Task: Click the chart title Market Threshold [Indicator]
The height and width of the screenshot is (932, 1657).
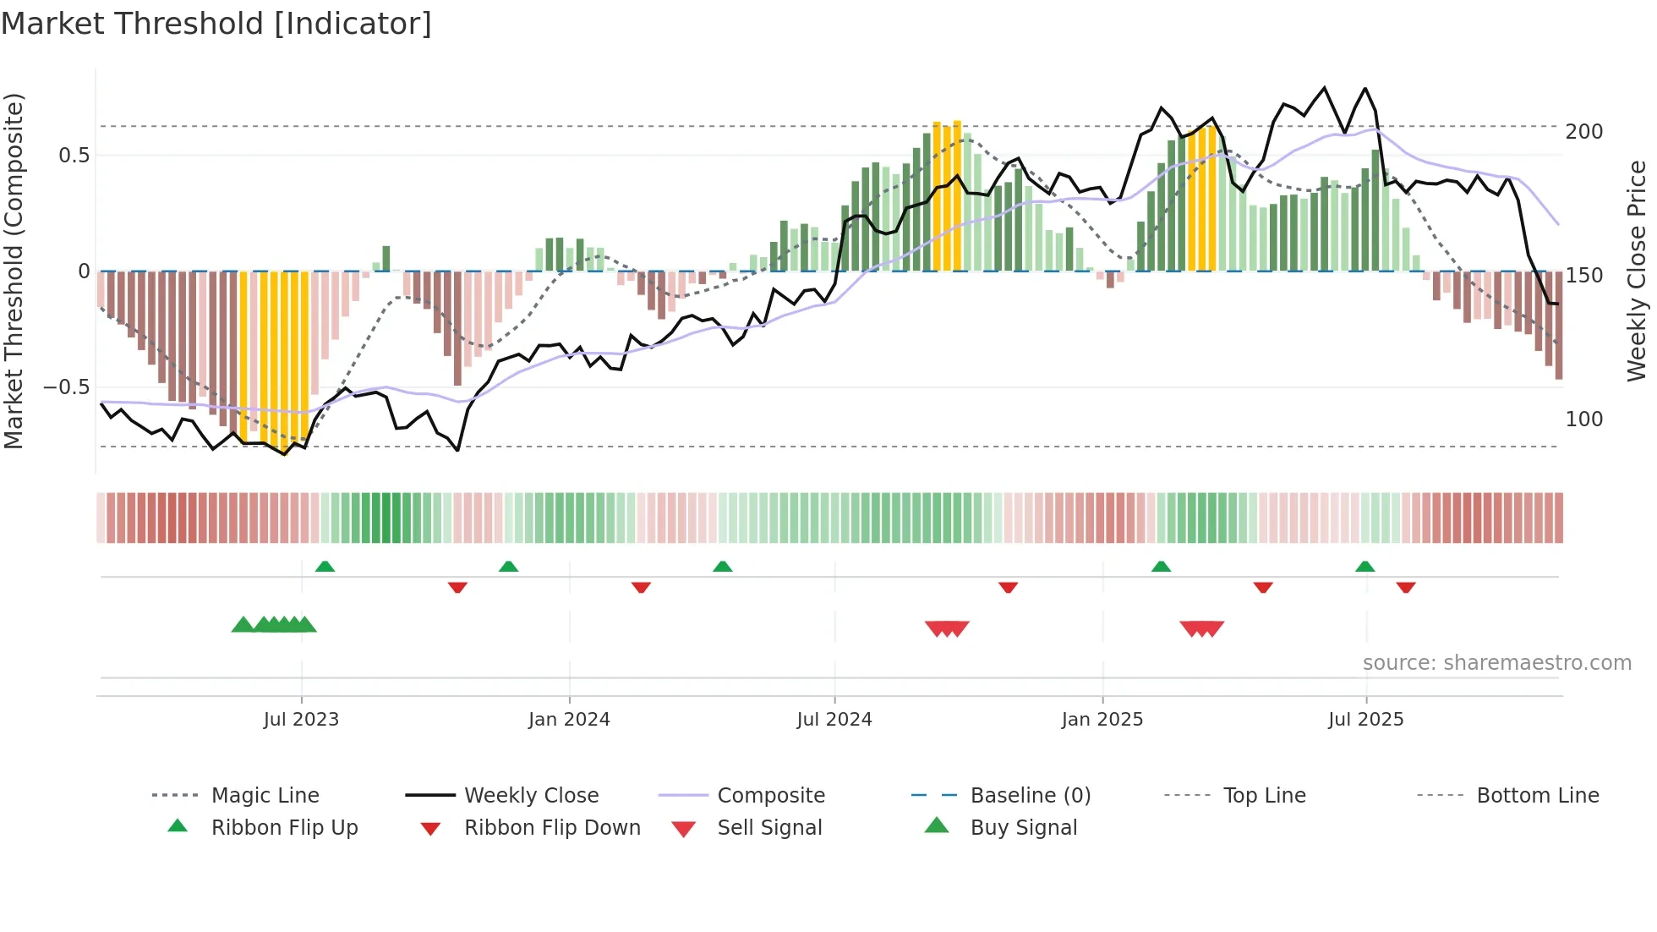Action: coord(216,24)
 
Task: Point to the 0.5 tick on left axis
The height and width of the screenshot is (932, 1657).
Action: coord(74,156)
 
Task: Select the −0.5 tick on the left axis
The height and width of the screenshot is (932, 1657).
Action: coord(66,387)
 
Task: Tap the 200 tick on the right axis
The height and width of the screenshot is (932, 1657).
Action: coord(1583,132)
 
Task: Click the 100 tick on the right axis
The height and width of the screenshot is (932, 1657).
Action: coord(1583,419)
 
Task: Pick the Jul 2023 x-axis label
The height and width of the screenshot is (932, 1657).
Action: coord(301,720)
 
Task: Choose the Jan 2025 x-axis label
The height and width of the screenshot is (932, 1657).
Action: coord(1102,720)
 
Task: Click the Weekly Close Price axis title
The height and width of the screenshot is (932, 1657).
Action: coord(1637,271)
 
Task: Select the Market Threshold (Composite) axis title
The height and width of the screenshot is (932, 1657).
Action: coord(14,271)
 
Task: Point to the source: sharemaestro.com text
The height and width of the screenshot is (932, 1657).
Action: coord(1496,663)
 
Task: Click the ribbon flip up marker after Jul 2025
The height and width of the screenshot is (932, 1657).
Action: coord(1364,567)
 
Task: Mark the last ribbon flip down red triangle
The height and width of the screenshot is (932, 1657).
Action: coord(1406,587)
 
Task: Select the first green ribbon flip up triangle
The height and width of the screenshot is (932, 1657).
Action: coord(325,567)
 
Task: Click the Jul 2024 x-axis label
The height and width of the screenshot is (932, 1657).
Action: coord(834,720)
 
